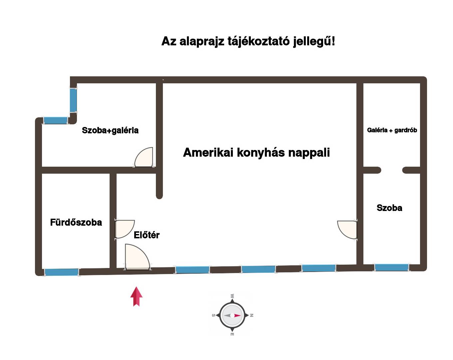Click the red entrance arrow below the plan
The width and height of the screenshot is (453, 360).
(136, 297)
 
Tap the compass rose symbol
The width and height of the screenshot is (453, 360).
(232, 315)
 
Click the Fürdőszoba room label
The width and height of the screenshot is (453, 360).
(76, 222)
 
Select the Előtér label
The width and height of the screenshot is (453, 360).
(147, 235)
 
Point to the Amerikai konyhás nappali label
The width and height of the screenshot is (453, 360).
(256, 153)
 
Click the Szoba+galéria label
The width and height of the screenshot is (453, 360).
(110, 130)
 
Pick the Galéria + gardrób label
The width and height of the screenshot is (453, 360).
(392, 130)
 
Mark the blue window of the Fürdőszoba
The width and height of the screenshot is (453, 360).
(62, 272)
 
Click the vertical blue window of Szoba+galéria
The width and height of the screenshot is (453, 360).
(73, 100)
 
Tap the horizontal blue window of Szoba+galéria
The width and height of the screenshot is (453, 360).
(56, 121)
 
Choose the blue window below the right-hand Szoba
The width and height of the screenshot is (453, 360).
(391, 267)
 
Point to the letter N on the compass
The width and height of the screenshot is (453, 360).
(251, 315)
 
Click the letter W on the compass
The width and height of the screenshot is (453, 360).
(232, 296)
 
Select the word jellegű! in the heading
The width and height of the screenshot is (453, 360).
(314, 42)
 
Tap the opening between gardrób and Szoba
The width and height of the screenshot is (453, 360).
(392, 170)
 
